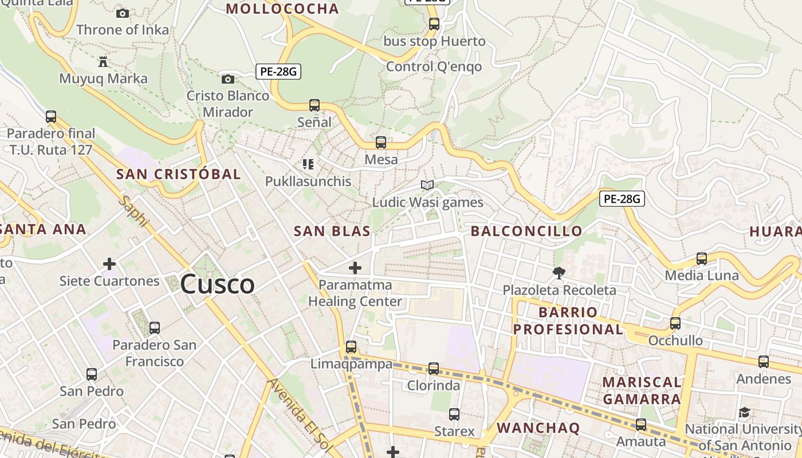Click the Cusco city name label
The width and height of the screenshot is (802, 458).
[217, 285]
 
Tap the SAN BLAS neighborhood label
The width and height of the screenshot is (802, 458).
[332, 231]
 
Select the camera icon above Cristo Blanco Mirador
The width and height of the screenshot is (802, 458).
[228, 79]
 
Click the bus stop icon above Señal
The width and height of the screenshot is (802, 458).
[314, 105]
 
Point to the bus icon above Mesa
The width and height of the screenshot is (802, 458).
[381, 143]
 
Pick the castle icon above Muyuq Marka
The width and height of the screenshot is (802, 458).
[103, 61]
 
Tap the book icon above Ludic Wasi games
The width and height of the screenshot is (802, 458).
[427, 185]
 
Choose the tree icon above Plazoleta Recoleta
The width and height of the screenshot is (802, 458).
[559, 273]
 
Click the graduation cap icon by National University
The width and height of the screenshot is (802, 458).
[744, 412]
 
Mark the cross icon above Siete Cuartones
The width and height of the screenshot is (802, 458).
[109, 264]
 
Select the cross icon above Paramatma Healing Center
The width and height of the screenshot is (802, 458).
[355, 267]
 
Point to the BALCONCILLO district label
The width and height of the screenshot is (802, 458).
[526, 231]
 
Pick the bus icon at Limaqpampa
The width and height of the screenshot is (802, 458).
[351, 347]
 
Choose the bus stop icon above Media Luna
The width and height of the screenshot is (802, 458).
[702, 259]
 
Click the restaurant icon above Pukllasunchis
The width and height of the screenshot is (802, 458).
[308, 164]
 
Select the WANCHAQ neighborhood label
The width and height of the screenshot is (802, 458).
[538, 428]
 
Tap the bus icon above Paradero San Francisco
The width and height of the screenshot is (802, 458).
[154, 328]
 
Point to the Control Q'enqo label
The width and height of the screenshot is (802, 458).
[434, 66]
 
